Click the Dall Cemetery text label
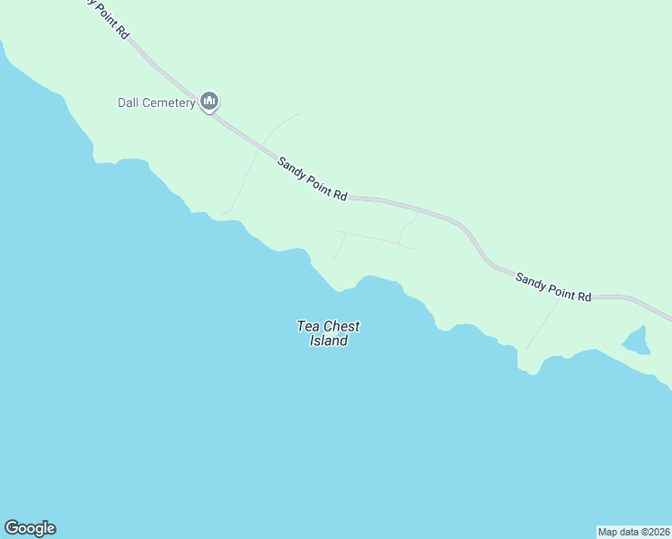[156, 102]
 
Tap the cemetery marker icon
[210, 102]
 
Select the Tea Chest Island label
[329, 333]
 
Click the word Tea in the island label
[308, 327]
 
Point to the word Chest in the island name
[341, 327]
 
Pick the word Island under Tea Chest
[329, 341]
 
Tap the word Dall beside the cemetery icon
[128, 102]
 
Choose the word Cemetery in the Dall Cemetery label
[168, 102]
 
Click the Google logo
[30, 528]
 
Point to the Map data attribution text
[633, 532]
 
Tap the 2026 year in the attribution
[657, 532]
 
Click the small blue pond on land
[636, 340]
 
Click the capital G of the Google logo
[12, 528]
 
